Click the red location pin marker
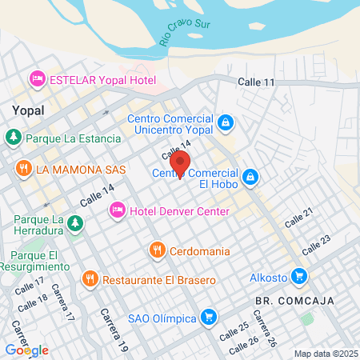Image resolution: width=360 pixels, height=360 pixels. tap(181, 163)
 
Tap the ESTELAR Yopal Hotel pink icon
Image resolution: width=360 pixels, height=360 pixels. tap(36, 79)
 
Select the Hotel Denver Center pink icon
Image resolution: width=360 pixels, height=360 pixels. tap(117, 210)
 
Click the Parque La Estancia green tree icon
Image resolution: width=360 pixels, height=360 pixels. tap(14, 138)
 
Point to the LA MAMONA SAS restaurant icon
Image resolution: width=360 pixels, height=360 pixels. tap(24, 169)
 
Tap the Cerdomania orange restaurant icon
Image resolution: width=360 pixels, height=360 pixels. tap(157, 250)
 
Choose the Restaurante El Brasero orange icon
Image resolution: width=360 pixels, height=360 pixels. tap(90, 279)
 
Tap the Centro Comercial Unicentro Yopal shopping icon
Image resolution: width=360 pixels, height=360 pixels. tap(226, 122)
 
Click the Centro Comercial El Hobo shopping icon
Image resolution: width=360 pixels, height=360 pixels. tap(250, 176)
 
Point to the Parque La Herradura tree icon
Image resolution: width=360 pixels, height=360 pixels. tap(74, 222)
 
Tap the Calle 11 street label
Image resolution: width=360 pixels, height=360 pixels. tap(257, 82)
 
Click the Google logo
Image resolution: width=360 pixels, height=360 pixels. tap(26, 350)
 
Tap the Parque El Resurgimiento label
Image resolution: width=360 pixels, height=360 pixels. tap(24, 261)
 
